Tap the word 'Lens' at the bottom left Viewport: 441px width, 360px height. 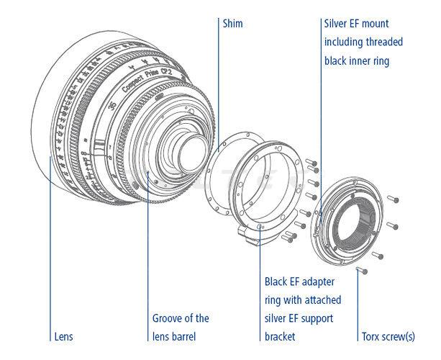64,336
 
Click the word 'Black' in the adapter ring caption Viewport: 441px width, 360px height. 278,280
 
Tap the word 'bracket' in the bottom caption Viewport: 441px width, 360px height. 281,336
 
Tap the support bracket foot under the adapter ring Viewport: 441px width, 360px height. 252,234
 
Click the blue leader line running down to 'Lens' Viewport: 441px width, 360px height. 51,252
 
